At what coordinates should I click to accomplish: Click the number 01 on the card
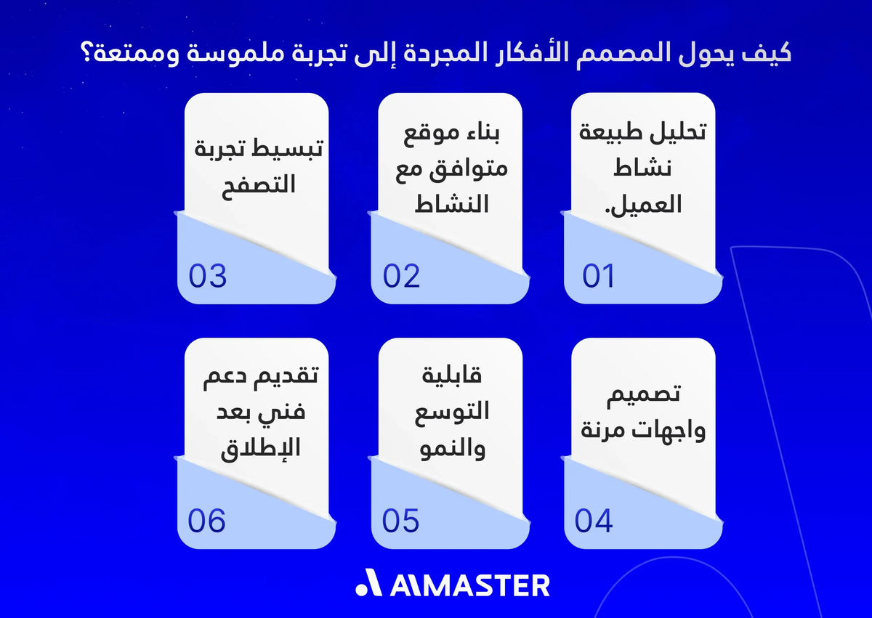(599, 276)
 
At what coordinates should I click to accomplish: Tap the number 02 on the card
(402, 276)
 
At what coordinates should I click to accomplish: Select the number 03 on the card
(208, 276)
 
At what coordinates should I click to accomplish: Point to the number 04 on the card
(594, 521)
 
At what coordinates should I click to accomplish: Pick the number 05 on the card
(401, 521)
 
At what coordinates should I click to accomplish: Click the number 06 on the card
(207, 521)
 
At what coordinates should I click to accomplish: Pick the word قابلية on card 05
(453, 378)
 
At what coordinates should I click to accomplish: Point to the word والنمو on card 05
(453, 449)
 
